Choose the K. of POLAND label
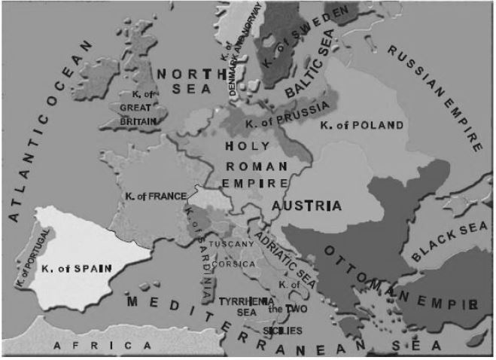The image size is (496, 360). (361, 124)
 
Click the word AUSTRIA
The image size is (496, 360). (306, 205)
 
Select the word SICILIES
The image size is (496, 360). (282, 331)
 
